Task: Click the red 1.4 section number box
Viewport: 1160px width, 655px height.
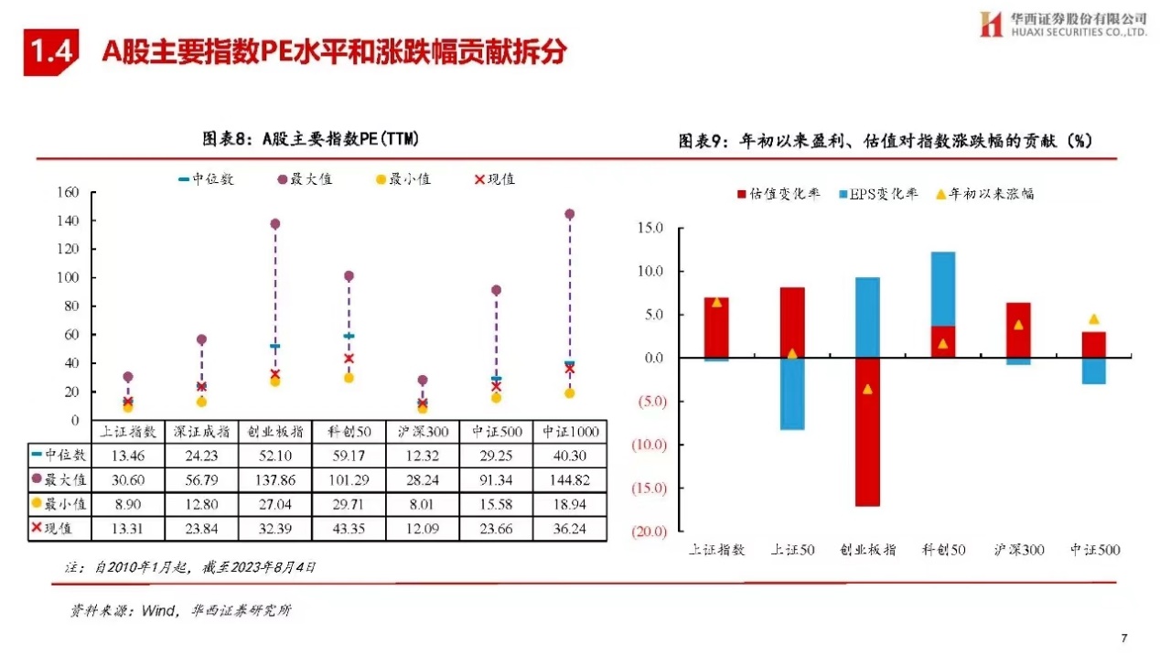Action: coord(51,52)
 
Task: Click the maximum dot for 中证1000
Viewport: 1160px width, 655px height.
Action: coord(569,214)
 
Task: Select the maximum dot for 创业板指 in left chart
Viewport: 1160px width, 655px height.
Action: coord(275,223)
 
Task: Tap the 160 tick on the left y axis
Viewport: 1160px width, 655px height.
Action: coord(69,192)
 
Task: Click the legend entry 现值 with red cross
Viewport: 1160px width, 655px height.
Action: coord(494,179)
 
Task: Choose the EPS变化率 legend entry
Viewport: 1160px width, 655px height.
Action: coord(875,194)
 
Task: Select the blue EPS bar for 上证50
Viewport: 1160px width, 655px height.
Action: coord(792,393)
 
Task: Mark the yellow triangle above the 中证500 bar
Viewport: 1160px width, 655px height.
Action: coord(1093,319)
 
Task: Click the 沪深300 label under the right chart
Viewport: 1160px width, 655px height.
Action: coord(1017,550)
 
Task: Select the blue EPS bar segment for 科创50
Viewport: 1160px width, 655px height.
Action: coord(942,288)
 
